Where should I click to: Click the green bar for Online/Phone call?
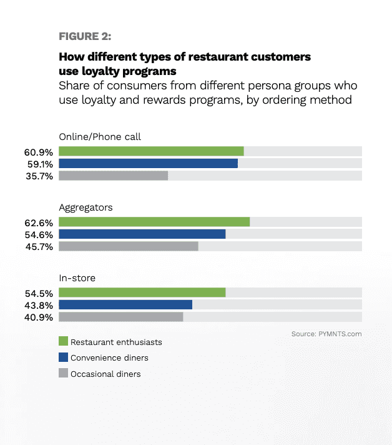[151, 151]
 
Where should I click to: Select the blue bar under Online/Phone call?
[148, 163]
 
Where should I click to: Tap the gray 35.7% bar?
[113, 176]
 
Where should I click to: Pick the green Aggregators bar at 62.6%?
[154, 222]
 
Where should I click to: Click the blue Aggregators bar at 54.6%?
[142, 234]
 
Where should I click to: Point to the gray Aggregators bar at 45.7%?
[128, 246]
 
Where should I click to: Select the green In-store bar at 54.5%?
[142, 292]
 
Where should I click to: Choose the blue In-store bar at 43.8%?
[125, 304]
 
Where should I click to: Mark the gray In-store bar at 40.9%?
[120, 317]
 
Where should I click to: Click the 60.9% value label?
[39, 152]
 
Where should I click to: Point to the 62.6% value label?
[39, 222]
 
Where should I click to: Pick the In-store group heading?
[77, 277]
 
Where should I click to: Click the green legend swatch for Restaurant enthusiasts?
[62, 341]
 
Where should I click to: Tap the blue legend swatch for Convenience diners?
[62, 357]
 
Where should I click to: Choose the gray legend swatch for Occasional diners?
[62, 374]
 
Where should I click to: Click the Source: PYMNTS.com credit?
[326, 334]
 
